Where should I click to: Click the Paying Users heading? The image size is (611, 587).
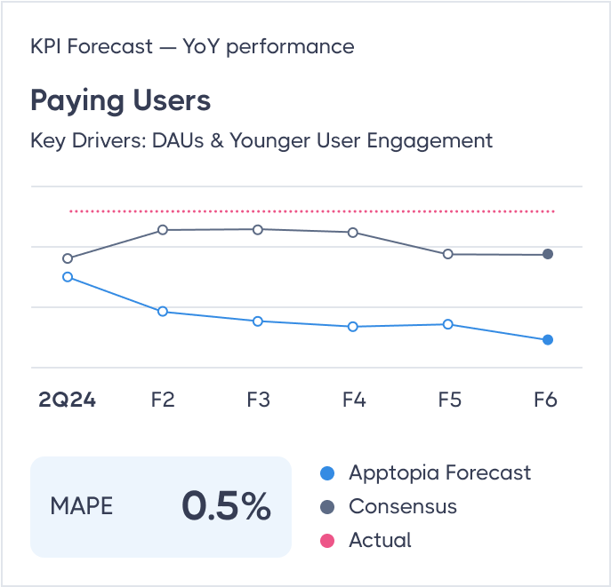(x=120, y=99)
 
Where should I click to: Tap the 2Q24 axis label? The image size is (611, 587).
(x=67, y=400)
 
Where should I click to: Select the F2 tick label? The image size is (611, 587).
(x=163, y=400)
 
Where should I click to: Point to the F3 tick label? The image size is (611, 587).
(x=258, y=400)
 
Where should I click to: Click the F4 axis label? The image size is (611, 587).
(x=354, y=400)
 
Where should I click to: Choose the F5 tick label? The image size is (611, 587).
(x=449, y=400)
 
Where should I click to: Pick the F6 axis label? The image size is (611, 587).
(x=545, y=400)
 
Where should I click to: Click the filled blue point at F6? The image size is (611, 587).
(x=548, y=340)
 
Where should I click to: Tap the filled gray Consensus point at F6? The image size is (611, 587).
(x=548, y=254)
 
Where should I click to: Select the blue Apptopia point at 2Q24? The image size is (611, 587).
(x=68, y=277)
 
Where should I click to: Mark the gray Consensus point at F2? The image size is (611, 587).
(x=163, y=230)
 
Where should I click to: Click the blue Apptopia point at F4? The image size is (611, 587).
(x=353, y=327)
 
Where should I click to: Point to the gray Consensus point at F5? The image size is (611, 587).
(x=448, y=254)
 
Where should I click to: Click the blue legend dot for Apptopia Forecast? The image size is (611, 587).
(x=326, y=473)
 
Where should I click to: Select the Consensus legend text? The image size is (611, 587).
(x=402, y=507)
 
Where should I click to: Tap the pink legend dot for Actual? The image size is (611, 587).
(x=326, y=541)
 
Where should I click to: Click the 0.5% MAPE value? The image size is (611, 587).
(x=226, y=506)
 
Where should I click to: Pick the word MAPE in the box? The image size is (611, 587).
(x=82, y=507)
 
